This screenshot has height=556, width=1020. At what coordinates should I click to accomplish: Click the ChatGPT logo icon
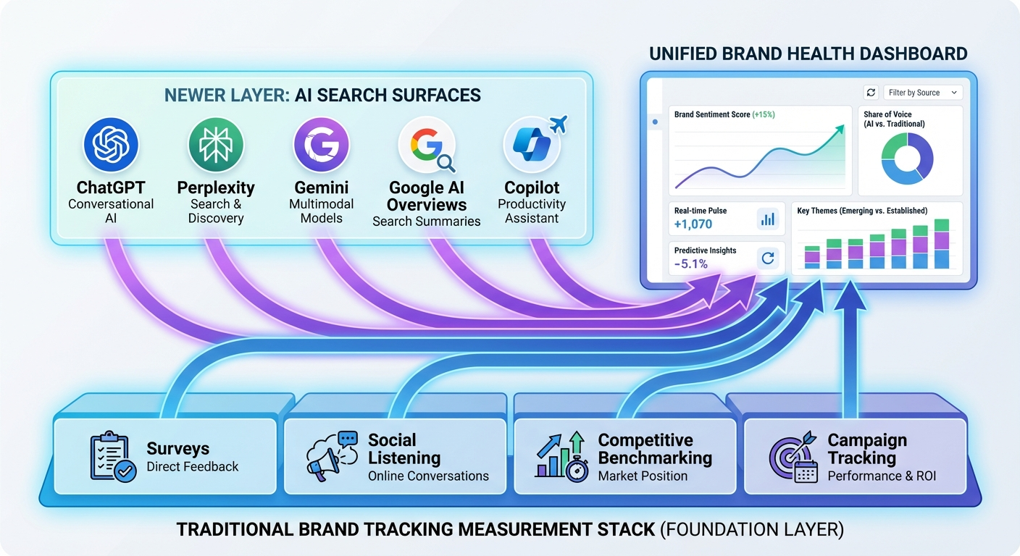pyautogui.click(x=111, y=144)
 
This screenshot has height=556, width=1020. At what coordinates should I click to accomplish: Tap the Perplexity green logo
pyautogui.click(x=216, y=144)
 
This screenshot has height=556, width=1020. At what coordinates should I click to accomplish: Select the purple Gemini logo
pyautogui.click(x=322, y=144)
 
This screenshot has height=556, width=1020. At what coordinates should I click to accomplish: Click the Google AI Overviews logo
pyautogui.click(x=427, y=144)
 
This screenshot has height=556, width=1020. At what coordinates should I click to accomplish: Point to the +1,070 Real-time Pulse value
pyautogui.click(x=693, y=224)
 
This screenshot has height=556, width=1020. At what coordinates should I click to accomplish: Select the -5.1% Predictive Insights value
pyautogui.click(x=690, y=264)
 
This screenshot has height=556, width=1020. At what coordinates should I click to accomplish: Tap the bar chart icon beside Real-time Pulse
pyautogui.click(x=767, y=219)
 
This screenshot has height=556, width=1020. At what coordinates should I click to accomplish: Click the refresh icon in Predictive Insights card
pyautogui.click(x=767, y=258)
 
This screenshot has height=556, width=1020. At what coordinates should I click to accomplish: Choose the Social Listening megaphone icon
pyautogui.click(x=333, y=456)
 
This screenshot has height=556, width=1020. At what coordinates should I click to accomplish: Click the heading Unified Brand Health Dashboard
pyautogui.click(x=808, y=54)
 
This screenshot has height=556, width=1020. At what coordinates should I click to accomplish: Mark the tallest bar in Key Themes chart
pyautogui.click(x=942, y=244)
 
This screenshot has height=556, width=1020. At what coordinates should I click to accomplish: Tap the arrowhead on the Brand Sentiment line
pyautogui.click(x=839, y=129)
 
